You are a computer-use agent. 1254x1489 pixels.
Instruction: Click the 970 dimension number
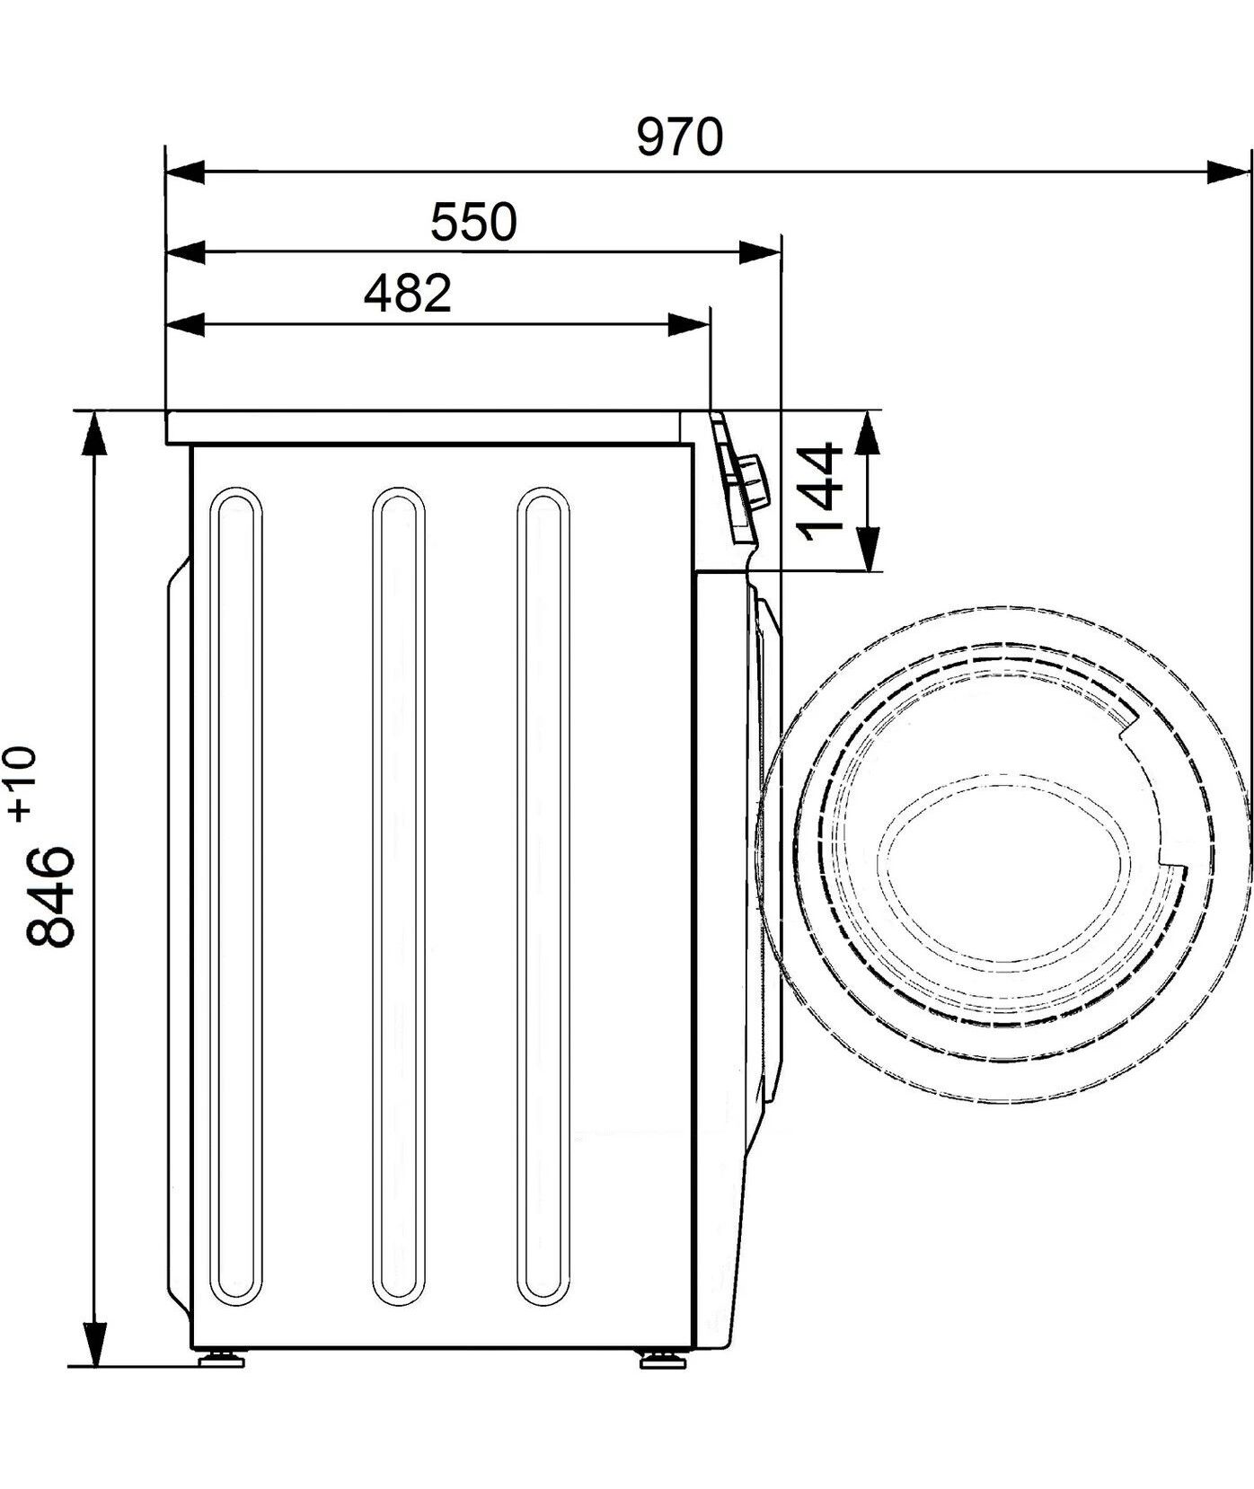tap(679, 138)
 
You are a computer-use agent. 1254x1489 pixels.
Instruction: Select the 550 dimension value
tap(474, 222)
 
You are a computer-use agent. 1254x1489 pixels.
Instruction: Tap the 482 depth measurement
tap(407, 293)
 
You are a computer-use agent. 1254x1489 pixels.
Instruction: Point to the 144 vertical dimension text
tap(820, 491)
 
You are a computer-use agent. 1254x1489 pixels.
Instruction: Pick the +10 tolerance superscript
tap(22, 784)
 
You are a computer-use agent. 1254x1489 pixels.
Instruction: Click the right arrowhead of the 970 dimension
tap(1229, 172)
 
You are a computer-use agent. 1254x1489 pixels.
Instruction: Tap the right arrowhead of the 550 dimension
tap(759, 252)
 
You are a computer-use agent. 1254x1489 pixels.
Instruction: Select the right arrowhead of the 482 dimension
tap(689, 325)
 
